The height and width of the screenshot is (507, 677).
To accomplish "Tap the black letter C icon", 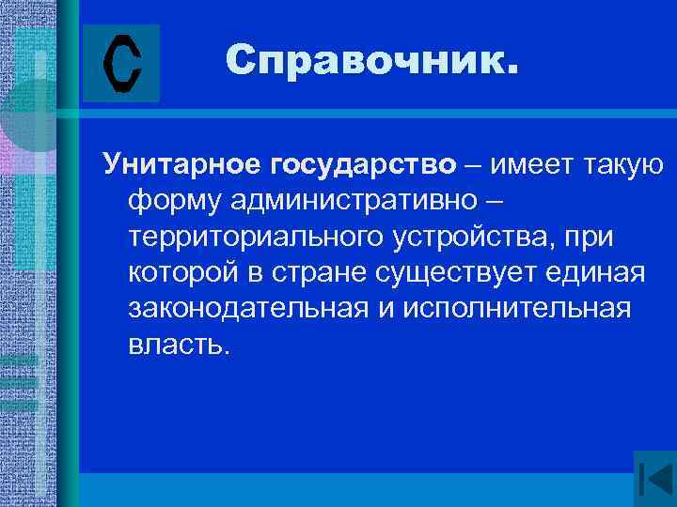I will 121,64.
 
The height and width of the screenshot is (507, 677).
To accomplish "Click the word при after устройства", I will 589,238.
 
